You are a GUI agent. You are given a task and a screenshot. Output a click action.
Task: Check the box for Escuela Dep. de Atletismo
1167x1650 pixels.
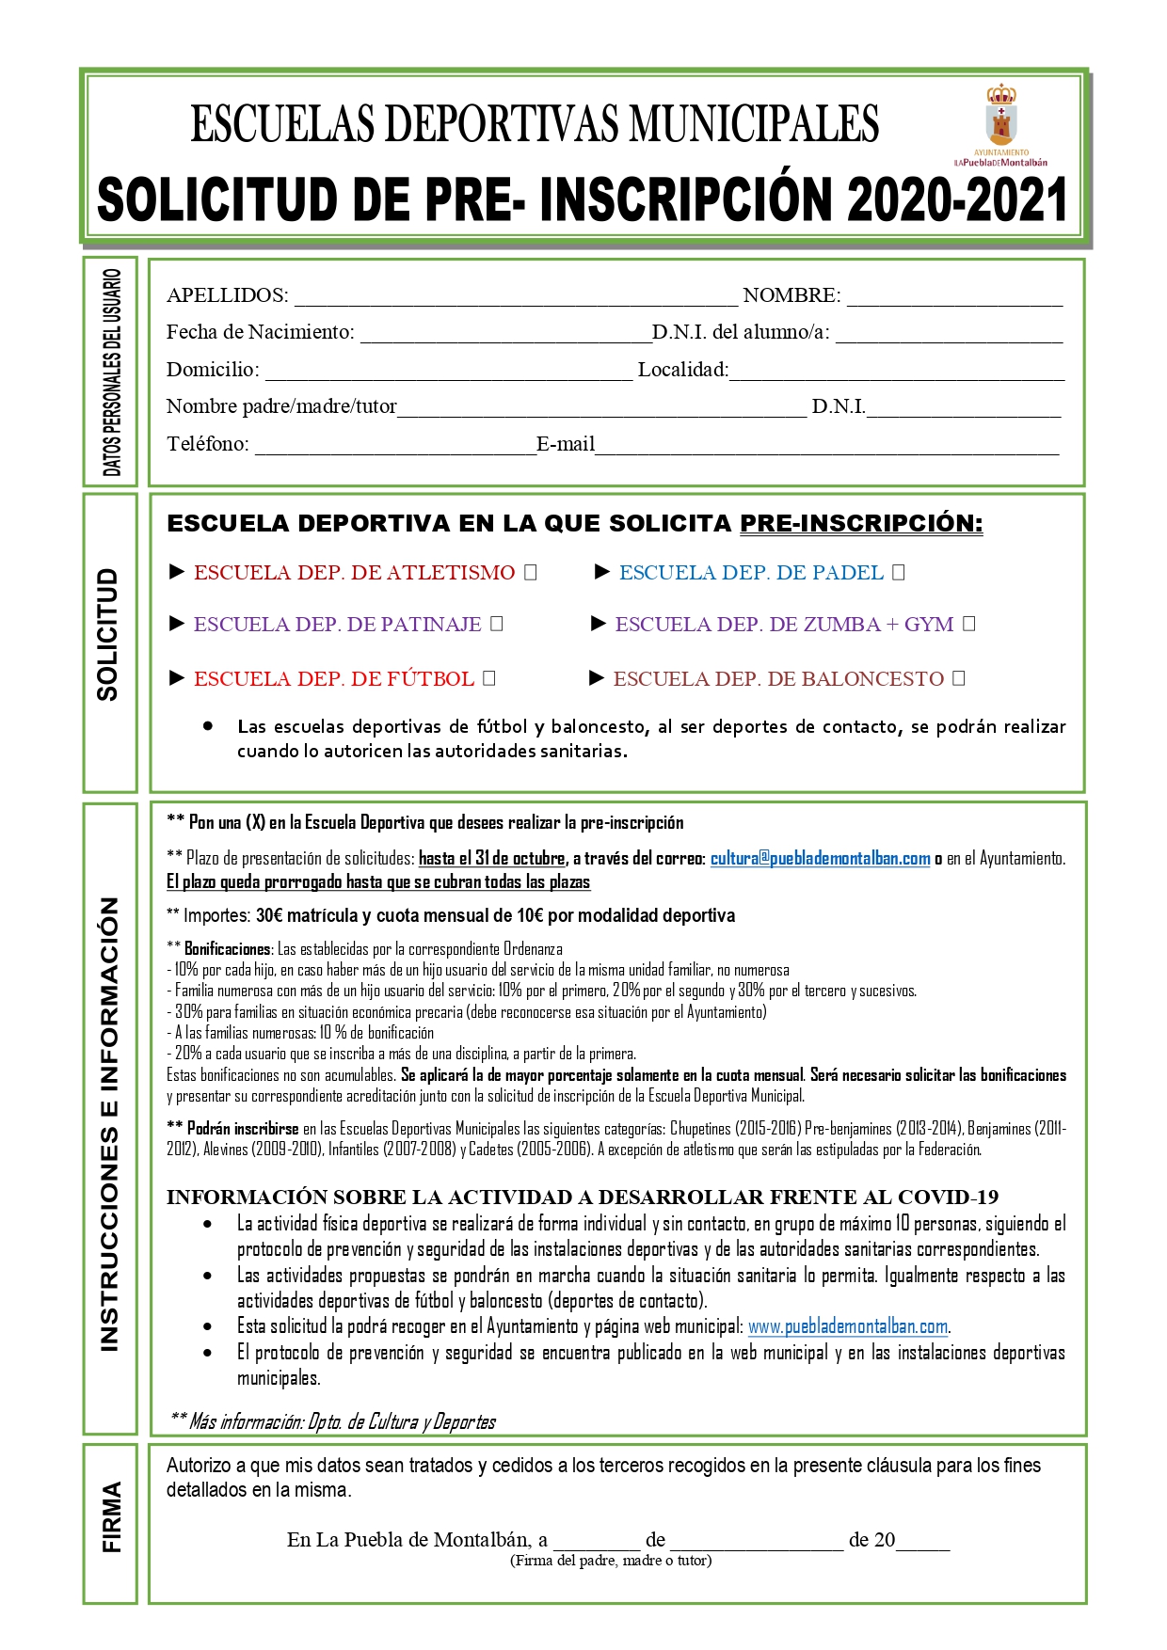click(x=530, y=572)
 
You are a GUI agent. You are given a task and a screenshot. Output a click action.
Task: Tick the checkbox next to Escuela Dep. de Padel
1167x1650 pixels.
click(x=898, y=572)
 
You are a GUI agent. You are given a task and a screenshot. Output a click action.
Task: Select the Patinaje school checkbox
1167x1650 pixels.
click(x=497, y=624)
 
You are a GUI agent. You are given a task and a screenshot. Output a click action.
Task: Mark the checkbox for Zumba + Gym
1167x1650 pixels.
click(x=969, y=624)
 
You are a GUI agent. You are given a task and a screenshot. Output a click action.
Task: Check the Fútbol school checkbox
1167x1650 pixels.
click(x=488, y=677)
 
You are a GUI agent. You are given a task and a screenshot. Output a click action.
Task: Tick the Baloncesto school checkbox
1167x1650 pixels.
click(x=958, y=677)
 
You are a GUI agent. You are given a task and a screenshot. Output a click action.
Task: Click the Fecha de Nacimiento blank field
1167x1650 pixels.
click(x=505, y=336)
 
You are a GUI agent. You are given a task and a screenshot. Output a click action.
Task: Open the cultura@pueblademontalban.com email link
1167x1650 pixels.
click(x=820, y=858)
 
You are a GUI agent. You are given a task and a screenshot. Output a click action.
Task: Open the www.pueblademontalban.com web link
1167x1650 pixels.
click(x=848, y=1326)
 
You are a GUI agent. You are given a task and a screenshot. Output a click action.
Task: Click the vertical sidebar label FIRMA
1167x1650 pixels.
click(x=111, y=1516)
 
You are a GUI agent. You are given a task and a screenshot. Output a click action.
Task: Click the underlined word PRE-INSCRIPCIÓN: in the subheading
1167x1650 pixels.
click(x=861, y=524)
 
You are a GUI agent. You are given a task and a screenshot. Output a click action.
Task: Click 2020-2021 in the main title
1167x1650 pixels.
click(x=956, y=200)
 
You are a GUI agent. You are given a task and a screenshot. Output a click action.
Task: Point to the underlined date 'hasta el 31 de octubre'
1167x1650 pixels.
click(x=492, y=858)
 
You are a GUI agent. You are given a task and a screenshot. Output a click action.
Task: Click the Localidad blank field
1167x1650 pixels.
click(x=897, y=373)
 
